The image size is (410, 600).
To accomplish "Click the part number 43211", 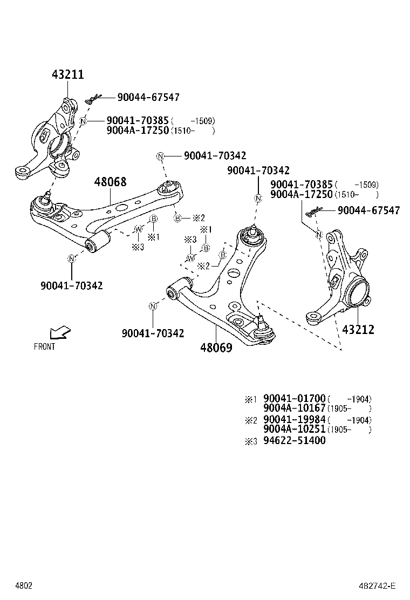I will coord(68,74).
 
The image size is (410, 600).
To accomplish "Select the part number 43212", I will coord(358,329).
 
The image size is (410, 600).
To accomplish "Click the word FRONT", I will coord(44,347).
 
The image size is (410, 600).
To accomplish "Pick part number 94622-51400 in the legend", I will coord(295,440).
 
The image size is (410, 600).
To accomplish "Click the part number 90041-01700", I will coord(295,399).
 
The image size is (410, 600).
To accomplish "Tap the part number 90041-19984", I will coord(295,420).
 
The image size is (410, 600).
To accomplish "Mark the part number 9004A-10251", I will coord(295,429).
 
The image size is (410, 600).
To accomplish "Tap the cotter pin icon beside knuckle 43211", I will coord(93,99).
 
